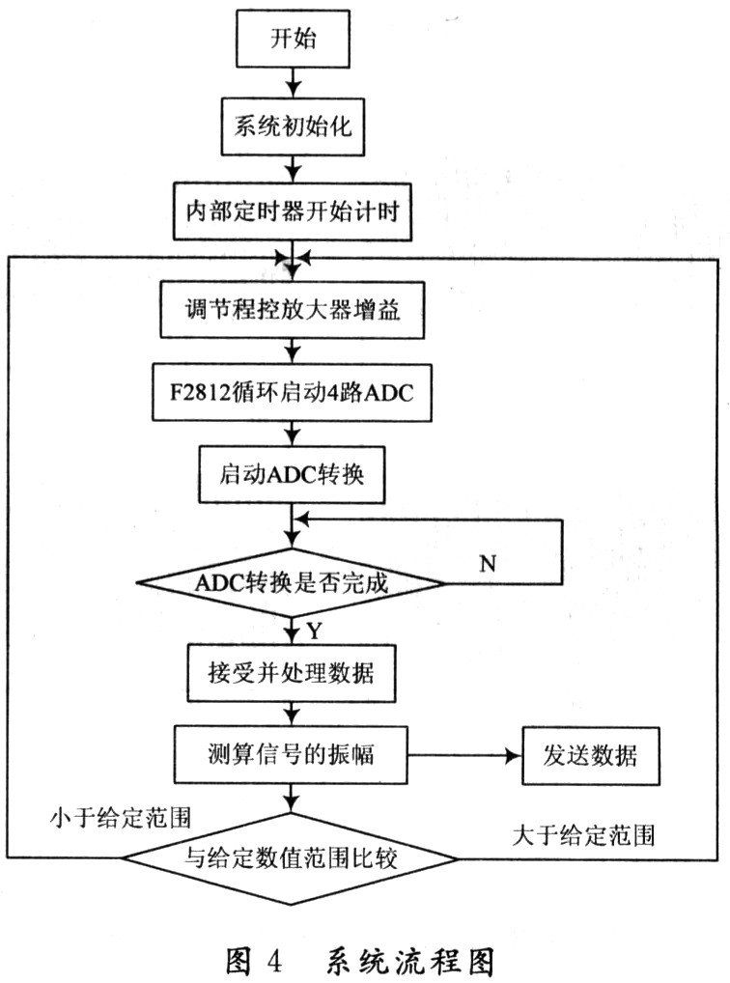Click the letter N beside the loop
click(488, 563)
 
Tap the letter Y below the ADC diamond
click(313, 631)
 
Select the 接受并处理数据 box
click(291, 674)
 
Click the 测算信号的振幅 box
click(291, 753)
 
